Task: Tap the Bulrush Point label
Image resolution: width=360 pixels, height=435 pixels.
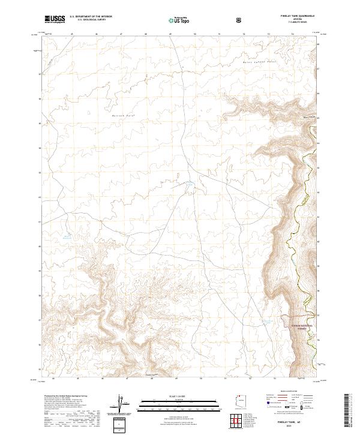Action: [x=124, y=113]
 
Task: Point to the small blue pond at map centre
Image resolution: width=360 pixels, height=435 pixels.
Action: [x=188, y=185]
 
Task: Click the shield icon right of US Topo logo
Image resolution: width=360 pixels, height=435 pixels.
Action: [x=240, y=20]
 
